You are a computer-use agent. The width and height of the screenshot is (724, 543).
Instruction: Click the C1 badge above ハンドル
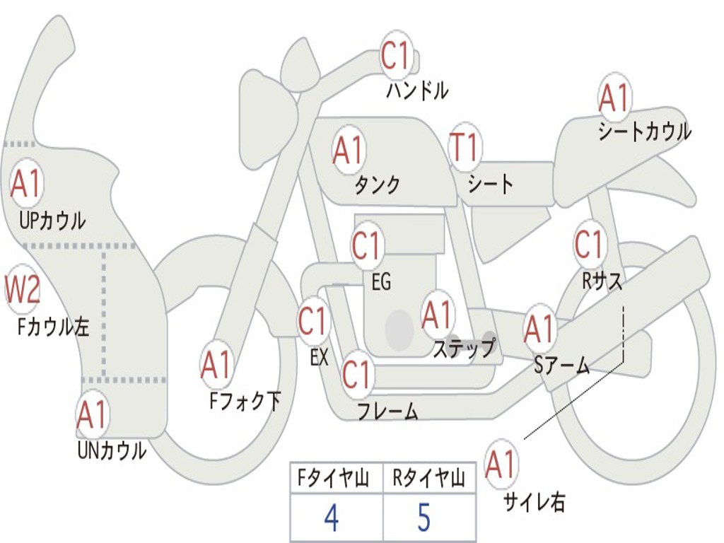coord(396,57)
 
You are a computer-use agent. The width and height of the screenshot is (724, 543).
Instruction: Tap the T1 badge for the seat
coord(465,148)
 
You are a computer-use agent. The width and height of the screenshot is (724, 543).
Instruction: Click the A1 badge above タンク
coord(348,150)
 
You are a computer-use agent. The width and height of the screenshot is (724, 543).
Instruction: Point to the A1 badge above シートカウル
coord(614,98)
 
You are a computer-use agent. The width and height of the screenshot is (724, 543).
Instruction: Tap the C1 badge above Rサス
coord(588,245)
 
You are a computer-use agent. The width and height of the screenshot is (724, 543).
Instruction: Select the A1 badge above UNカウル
coord(92,415)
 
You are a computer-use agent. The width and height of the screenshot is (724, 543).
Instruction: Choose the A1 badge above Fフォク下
coord(216,365)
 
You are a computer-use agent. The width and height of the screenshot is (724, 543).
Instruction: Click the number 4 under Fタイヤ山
coord(331,519)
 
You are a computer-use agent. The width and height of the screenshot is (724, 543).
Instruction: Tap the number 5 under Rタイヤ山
coord(424,519)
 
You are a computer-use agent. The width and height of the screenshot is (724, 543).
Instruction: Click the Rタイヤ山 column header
coord(428,480)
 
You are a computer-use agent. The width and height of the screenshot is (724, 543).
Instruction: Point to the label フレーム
coord(387,411)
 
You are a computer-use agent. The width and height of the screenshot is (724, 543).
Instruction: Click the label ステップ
coord(465,349)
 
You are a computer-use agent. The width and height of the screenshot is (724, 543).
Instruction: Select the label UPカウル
coord(52,221)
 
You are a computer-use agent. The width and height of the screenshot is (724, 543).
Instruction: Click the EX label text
coord(319,357)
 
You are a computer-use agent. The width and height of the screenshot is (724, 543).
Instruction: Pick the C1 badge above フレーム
coord(357,375)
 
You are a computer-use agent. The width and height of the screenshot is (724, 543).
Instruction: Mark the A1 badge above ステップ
coord(438,315)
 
